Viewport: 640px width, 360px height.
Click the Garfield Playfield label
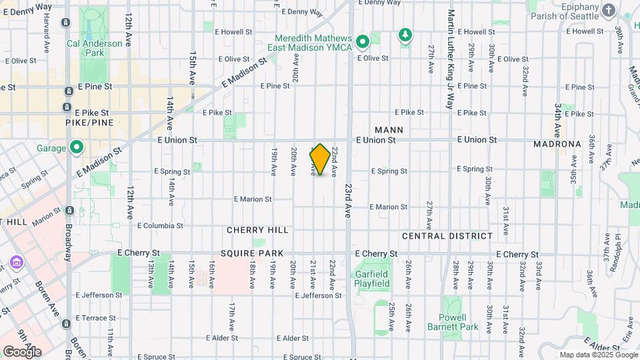point(371,279)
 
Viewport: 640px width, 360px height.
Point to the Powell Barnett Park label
point(459,322)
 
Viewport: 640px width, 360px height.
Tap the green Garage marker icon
point(77,147)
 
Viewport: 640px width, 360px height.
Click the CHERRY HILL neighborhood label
point(257,230)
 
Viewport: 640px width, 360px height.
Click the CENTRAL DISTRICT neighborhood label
point(447,236)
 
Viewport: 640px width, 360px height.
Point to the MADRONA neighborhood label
point(559,144)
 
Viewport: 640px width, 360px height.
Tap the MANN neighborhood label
point(389,130)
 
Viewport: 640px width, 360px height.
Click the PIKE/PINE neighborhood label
point(89,123)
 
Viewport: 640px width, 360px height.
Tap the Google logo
point(22,351)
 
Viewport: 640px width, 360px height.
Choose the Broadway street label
point(68,239)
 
